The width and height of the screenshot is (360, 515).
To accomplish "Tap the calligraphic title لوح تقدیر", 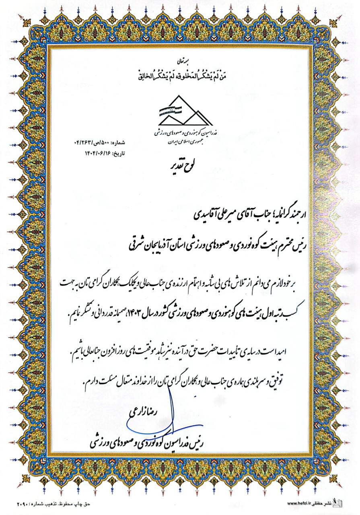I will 180,165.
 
